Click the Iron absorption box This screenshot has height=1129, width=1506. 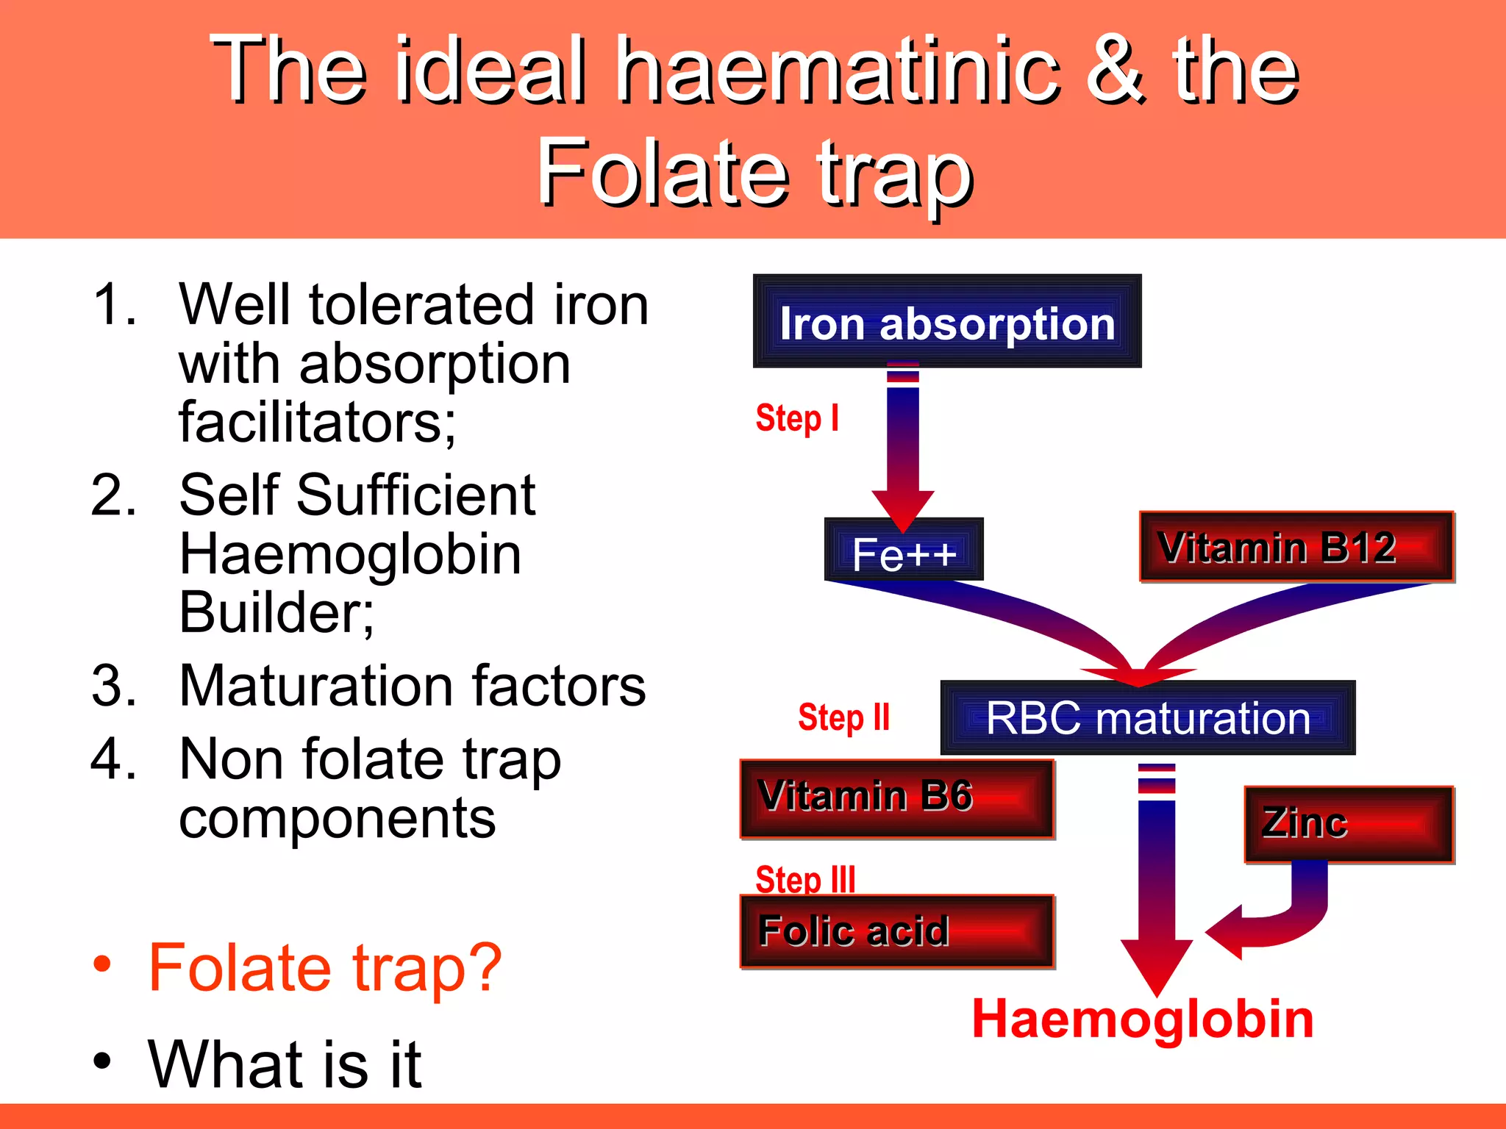(x=947, y=322)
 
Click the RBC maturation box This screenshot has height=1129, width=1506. (x=1147, y=718)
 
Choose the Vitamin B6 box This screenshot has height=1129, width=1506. (x=897, y=799)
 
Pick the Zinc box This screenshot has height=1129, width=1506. (x=1349, y=824)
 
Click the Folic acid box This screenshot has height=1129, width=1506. (x=897, y=931)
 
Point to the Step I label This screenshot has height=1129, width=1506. (x=796, y=419)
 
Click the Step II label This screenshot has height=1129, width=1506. (x=843, y=717)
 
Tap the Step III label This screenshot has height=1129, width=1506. (x=805, y=878)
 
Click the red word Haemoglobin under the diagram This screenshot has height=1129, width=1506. (x=1142, y=1020)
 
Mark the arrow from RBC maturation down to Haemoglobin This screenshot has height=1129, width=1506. (x=1156, y=882)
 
